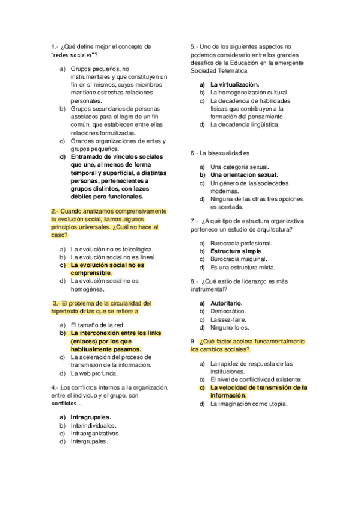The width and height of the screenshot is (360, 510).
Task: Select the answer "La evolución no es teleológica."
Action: [112, 248]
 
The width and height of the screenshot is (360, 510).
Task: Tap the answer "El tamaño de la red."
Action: [97, 324]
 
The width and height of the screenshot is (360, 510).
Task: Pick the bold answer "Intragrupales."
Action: [91, 416]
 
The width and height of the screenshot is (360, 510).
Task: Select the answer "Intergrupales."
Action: [90, 441]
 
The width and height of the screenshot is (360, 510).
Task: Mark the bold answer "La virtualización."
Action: [234, 85]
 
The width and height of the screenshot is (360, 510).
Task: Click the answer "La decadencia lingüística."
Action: [245, 125]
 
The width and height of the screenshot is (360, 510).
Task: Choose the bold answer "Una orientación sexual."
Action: [243, 175]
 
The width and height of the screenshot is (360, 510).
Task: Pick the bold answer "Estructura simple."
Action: [236, 251]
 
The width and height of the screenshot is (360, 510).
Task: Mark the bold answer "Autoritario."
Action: [226, 303]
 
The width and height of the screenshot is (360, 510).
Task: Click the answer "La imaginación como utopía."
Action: [249, 404]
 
